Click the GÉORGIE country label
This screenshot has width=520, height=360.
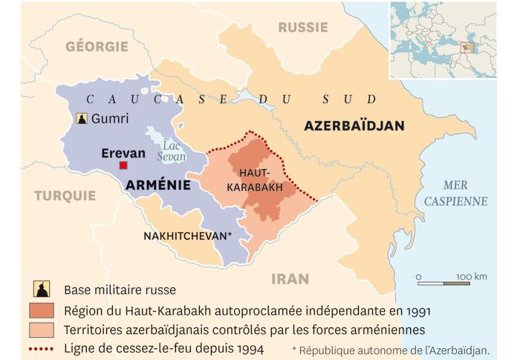point(97,46)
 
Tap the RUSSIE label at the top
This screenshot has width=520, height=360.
point(303,27)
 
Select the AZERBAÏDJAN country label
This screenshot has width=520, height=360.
point(354,126)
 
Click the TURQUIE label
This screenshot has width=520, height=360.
point(64,196)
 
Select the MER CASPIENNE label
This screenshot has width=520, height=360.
point(465,192)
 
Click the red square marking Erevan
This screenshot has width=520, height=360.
point(133,166)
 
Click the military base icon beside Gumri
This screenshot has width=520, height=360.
point(80,119)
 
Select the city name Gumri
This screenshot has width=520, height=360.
point(110,119)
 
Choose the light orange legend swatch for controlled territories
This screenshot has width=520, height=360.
point(42,329)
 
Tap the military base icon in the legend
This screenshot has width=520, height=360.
point(42,289)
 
